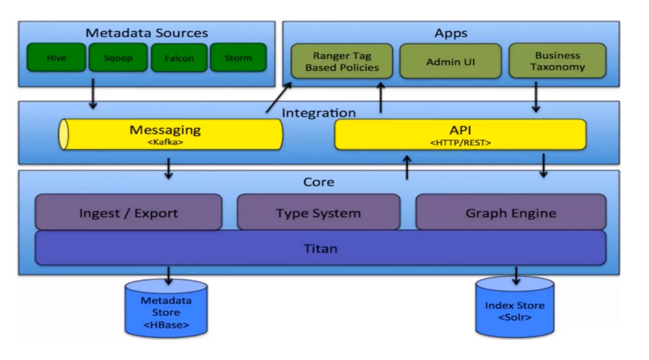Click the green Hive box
(56, 58)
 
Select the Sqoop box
(118, 58)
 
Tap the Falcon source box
(179, 58)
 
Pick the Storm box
(238, 58)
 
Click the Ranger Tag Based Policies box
(342, 61)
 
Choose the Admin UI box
(451, 61)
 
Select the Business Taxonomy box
(557, 61)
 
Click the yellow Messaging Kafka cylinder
(170, 135)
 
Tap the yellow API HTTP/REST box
(460, 135)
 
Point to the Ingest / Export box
(129, 212)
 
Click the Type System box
(318, 212)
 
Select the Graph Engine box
(511, 212)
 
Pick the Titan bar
(320, 248)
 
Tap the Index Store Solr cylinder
(514, 307)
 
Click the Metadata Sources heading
(146, 32)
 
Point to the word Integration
(319, 112)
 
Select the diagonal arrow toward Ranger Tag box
(278, 97)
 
